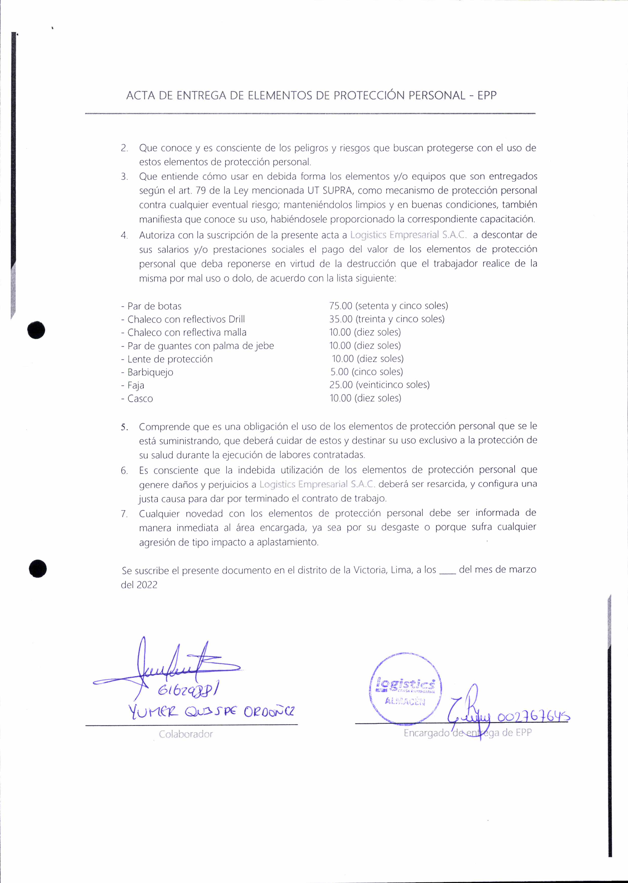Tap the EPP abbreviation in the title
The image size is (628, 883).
(487, 95)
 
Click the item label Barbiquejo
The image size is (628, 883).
(150, 372)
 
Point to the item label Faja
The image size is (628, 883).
(136, 385)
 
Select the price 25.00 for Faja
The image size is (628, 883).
(341, 385)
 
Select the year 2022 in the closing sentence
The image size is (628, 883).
(147, 585)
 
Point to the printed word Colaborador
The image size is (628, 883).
(186, 734)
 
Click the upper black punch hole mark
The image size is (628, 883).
(36, 330)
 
